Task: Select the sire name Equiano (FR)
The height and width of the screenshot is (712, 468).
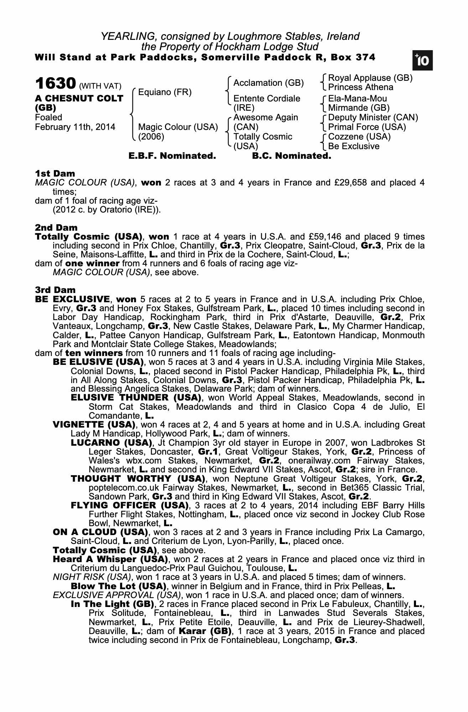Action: coord(165,93)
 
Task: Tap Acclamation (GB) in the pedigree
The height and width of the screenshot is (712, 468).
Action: coord(268,83)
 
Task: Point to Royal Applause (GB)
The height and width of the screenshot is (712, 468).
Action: coord(370,78)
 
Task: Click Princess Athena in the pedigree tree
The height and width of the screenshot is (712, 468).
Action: coord(360,87)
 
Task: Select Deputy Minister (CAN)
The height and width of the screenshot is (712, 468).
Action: coord(373,117)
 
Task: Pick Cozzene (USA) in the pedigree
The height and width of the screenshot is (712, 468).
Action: coord(359,137)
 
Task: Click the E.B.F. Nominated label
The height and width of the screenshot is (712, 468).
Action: coord(172,156)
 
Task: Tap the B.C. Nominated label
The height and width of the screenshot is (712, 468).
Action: coord(291,156)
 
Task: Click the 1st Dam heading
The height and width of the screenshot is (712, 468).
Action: coord(55,174)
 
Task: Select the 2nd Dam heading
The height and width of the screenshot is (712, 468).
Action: coord(56,227)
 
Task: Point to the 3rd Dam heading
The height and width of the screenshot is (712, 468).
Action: coord(55,290)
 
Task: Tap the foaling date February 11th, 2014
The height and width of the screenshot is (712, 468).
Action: coord(75,127)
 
